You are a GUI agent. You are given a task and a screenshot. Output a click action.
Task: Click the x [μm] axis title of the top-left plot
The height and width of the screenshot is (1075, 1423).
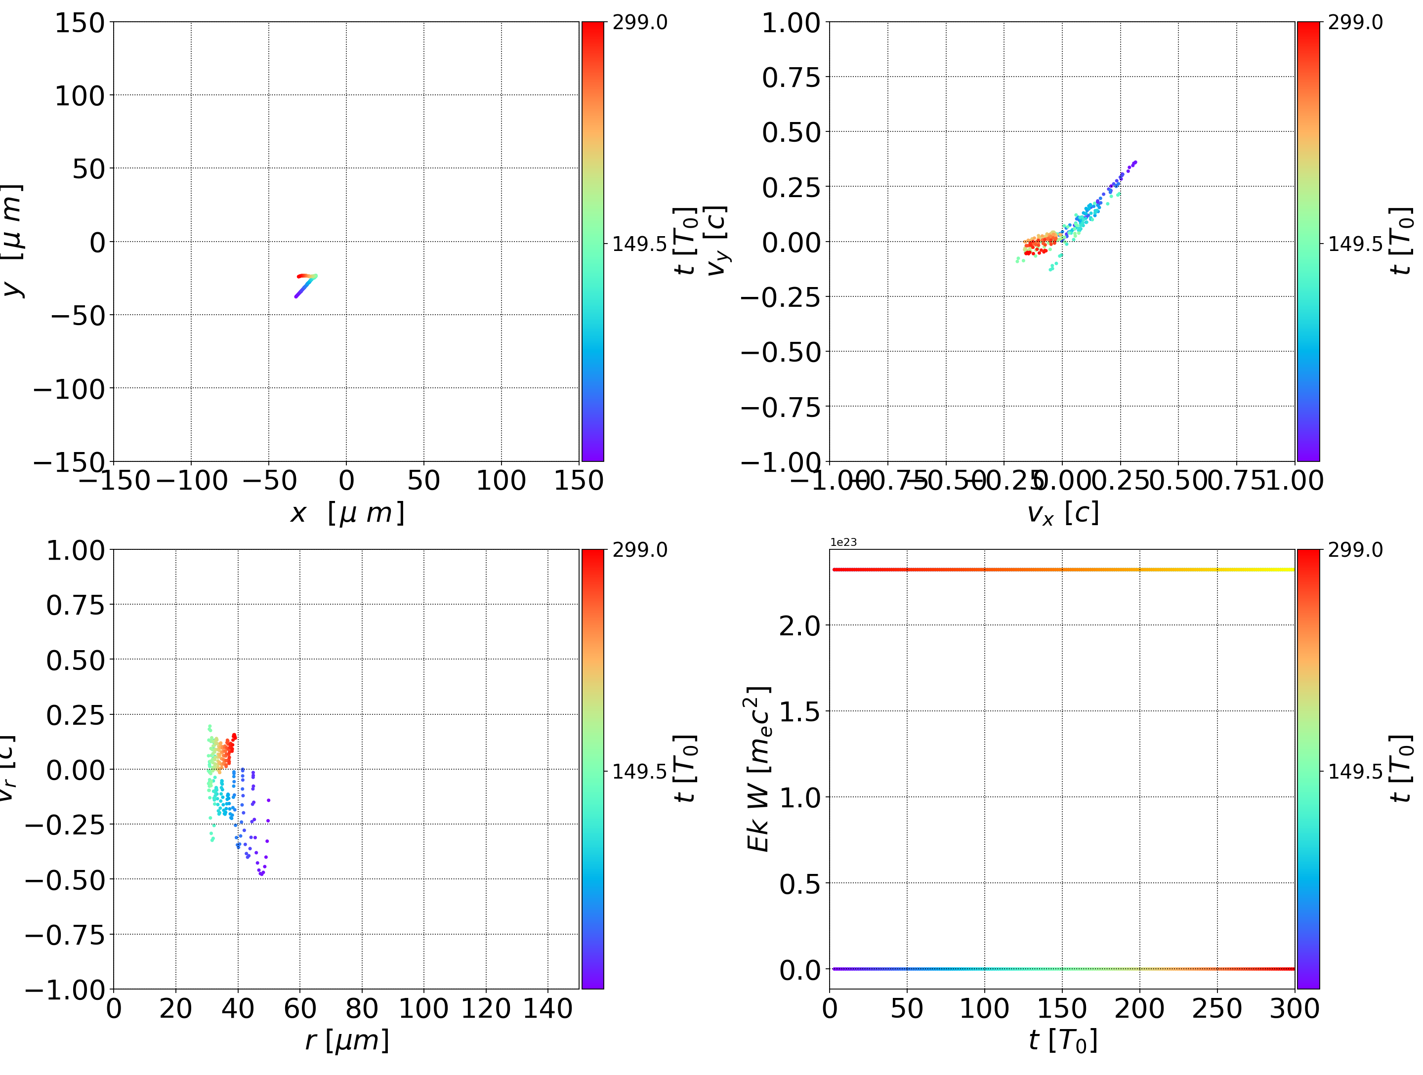tap(347, 513)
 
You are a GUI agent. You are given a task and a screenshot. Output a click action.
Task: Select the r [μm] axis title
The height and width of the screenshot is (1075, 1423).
tap(347, 1041)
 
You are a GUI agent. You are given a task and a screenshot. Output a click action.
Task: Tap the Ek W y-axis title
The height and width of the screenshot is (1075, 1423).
tap(758, 769)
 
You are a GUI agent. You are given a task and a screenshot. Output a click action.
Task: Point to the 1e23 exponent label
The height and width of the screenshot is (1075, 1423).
tap(843, 542)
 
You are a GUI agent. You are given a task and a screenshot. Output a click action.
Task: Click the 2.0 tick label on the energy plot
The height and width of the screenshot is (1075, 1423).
tap(799, 625)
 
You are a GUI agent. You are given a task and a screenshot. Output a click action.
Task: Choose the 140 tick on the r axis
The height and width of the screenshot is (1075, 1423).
tap(547, 1009)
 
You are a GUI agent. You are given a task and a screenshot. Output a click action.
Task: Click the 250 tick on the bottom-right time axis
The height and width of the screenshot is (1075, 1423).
tap(1216, 1009)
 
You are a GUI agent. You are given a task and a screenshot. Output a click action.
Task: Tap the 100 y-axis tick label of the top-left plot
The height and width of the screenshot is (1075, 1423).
tap(79, 96)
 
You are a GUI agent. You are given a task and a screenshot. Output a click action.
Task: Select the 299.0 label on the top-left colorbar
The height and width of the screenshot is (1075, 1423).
tap(639, 23)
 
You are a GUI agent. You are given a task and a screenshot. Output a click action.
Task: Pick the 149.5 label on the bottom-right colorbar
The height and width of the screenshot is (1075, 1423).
tap(1355, 771)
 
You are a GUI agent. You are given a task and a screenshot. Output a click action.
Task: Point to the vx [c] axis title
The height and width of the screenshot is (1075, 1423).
tap(1062, 513)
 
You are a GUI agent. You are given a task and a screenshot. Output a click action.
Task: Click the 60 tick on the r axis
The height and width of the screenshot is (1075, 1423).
tap(300, 1009)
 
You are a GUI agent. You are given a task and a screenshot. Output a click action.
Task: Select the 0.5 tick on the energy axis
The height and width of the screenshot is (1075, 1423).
tap(799, 884)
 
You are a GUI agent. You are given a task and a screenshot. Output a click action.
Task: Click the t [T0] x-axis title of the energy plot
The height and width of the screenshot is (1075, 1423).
tap(1062, 1041)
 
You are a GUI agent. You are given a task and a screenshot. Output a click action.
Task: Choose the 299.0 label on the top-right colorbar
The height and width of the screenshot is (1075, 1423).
tap(1355, 23)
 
